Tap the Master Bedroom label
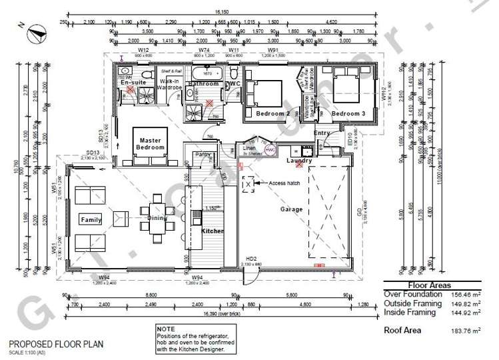click(149, 143)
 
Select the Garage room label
click(290, 209)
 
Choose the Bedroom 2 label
click(273, 114)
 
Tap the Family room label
click(91, 219)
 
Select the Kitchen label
click(213, 231)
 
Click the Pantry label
click(203, 155)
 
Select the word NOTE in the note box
click(166, 329)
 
